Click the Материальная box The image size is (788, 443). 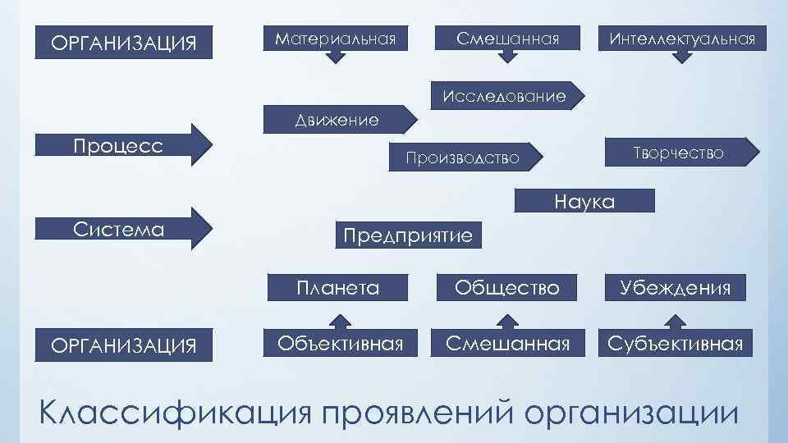pyautogui.click(x=336, y=39)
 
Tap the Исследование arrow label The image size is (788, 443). pyautogui.click(x=504, y=96)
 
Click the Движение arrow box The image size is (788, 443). pyautogui.click(x=337, y=121)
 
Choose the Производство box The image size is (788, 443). pyautogui.click(x=463, y=157)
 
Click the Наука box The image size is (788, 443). pyautogui.click(x=584, y=202)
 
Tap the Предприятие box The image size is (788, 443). pyautogui.click(x=408, y=235)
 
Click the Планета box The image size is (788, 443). pyautogui.click(x=338, y=288)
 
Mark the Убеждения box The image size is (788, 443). pyautogui.click(x=676, y=288)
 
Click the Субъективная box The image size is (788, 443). pyautogui.click(x=676, y=344)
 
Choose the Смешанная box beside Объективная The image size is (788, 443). pyautogui.click(x=507, y=344)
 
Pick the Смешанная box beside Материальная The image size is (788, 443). pyautogui.click(x=508, y=39)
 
